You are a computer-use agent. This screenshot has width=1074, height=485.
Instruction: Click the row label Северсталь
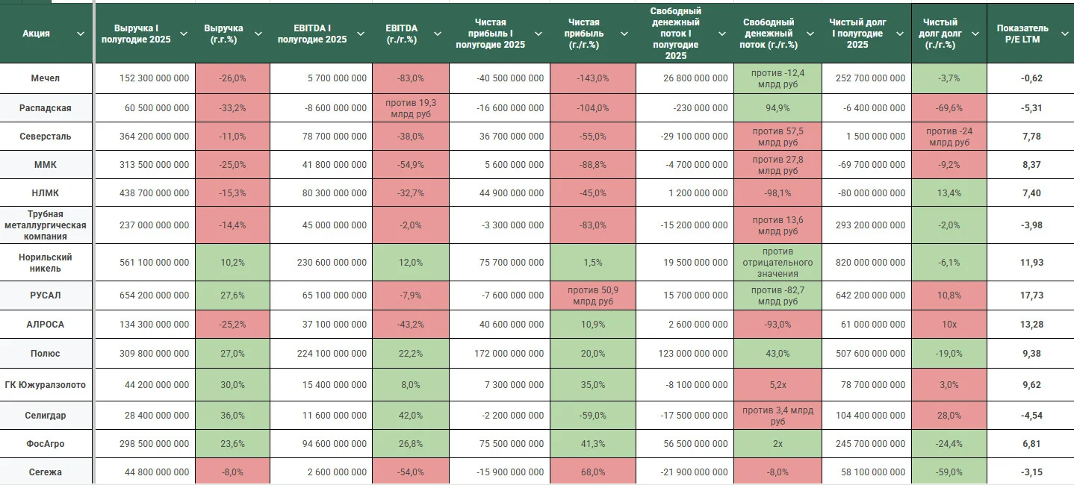coord(45,137)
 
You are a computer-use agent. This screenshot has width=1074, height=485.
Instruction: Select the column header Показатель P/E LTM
coord(1022,34)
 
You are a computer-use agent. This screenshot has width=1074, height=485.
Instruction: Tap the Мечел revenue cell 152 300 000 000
coord(154,78)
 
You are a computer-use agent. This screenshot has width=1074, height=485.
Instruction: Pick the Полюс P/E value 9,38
coord(1031,354)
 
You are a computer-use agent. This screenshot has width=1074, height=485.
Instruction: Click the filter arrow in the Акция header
coord(81,34)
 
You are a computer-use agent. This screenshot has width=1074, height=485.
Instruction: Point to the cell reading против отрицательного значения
coord(777,263)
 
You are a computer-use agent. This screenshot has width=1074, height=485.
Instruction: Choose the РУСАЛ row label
coord(45,295)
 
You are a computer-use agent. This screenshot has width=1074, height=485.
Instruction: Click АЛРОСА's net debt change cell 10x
coord(949,324)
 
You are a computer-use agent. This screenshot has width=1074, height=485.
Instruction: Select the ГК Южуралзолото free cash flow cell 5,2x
coord(777,384)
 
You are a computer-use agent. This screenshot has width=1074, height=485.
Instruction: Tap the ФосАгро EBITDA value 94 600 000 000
coord(334,444)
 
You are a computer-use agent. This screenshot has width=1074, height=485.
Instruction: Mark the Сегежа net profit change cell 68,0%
coord(592,472)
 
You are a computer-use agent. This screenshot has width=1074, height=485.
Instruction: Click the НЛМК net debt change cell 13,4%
coord(949,193)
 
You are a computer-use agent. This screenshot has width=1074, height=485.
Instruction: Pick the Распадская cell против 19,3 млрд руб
coord(411,108)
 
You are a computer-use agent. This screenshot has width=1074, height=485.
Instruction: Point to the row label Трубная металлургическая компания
coord(45,225)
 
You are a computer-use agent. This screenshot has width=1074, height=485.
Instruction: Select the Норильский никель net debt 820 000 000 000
coord(870,263)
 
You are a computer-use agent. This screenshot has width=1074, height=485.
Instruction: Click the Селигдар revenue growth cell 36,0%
coord(232,415)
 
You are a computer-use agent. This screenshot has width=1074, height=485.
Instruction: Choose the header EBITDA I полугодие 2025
coord(311,34)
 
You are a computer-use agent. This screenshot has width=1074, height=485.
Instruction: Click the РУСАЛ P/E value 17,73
coord(1031,295)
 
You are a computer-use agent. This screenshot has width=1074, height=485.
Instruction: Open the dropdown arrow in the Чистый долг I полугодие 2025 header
coord(900,34)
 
